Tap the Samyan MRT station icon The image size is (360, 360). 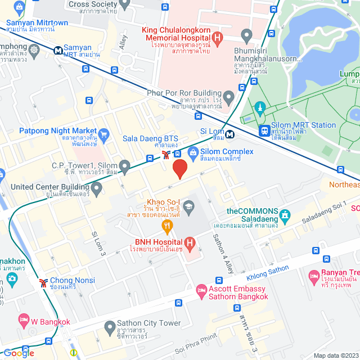58,50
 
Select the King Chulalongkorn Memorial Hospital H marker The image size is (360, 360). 218,37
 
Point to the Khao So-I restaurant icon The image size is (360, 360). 166,227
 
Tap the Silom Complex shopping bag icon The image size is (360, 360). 193,152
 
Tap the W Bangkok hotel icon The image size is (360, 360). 23,322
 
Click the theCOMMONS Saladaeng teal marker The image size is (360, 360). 285,215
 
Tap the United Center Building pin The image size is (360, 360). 97,187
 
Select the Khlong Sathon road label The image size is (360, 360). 267,275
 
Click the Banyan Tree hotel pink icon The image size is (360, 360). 313,276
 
